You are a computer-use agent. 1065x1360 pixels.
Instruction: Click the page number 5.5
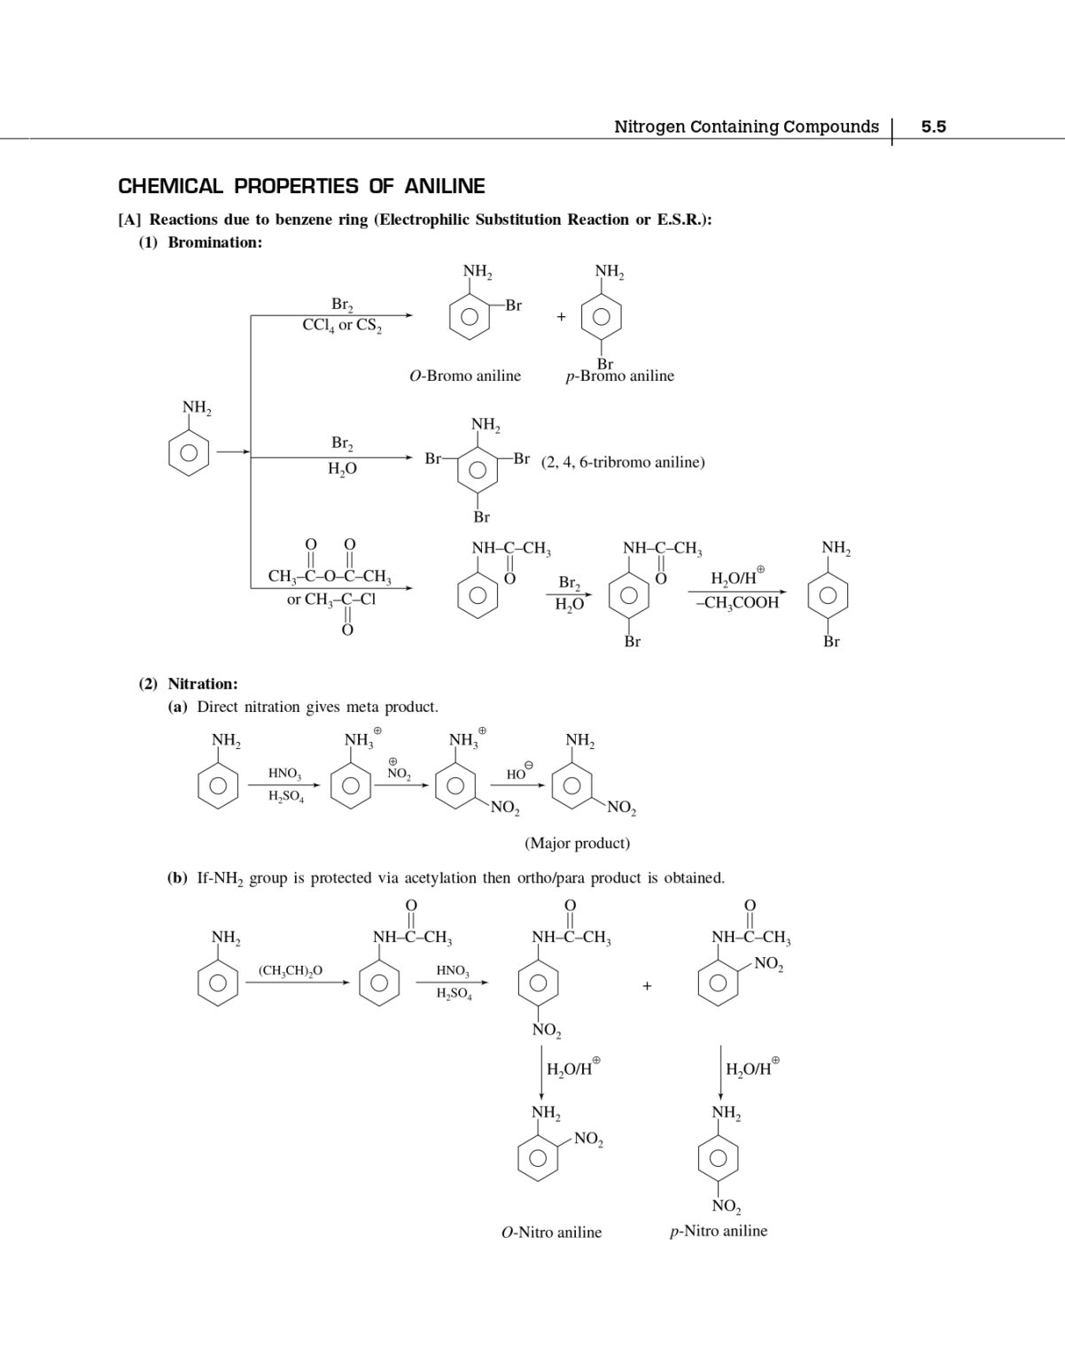point(933,127)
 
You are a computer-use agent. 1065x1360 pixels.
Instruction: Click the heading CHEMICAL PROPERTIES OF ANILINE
point(301,186)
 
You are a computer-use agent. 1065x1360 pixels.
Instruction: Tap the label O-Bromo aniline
point(465,376)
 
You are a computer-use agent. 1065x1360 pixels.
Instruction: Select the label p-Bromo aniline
point(620,376)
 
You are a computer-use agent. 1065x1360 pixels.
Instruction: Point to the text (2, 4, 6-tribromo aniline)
point(623,461)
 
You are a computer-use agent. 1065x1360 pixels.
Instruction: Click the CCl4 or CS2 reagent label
point(342,325)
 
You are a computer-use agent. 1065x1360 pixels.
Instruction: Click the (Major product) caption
point(578,843)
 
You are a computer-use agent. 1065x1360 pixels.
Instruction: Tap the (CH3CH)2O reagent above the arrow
point(291,970)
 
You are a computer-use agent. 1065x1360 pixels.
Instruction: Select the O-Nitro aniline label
point(551,1232)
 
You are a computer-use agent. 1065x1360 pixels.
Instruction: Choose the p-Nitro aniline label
point(719,1231)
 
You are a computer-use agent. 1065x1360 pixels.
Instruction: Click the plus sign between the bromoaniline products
point(561,316)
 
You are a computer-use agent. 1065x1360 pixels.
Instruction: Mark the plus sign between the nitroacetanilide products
point(647,985)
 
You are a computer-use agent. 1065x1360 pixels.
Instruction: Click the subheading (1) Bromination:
point(200,243)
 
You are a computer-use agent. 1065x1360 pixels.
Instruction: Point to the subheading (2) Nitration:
point(188,684)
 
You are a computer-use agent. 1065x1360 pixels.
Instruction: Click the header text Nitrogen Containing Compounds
point(746,127)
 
